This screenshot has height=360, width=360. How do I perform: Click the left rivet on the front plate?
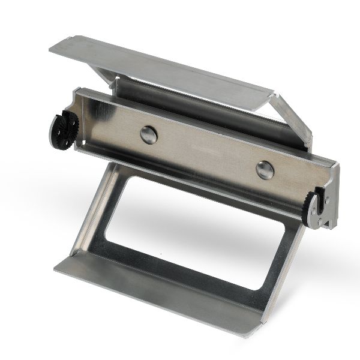(x=148, y=135)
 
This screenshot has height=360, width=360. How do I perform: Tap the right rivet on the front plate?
(x=265, y=170)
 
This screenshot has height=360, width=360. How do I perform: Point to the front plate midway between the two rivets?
(x=206, y=152)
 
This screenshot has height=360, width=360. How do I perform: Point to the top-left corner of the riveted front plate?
(x=78, y=91)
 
